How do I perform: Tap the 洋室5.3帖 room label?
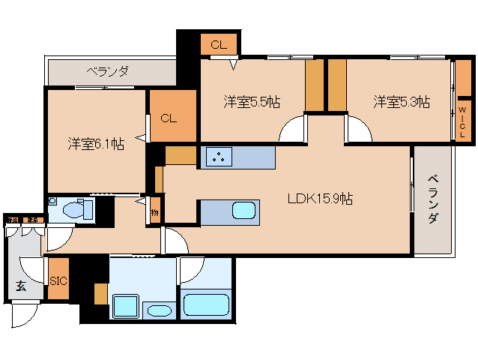click(402, 102)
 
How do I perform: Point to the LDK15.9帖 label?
click(321, 199)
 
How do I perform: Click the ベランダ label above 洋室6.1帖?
click(107, 72)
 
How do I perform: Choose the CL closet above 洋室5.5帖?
click(218, 45)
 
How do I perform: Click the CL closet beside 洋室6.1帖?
click(169, 117)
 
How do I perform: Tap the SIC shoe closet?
click(58, 280)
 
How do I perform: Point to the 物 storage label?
click(154, 212)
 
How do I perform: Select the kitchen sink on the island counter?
click(244, 210)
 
